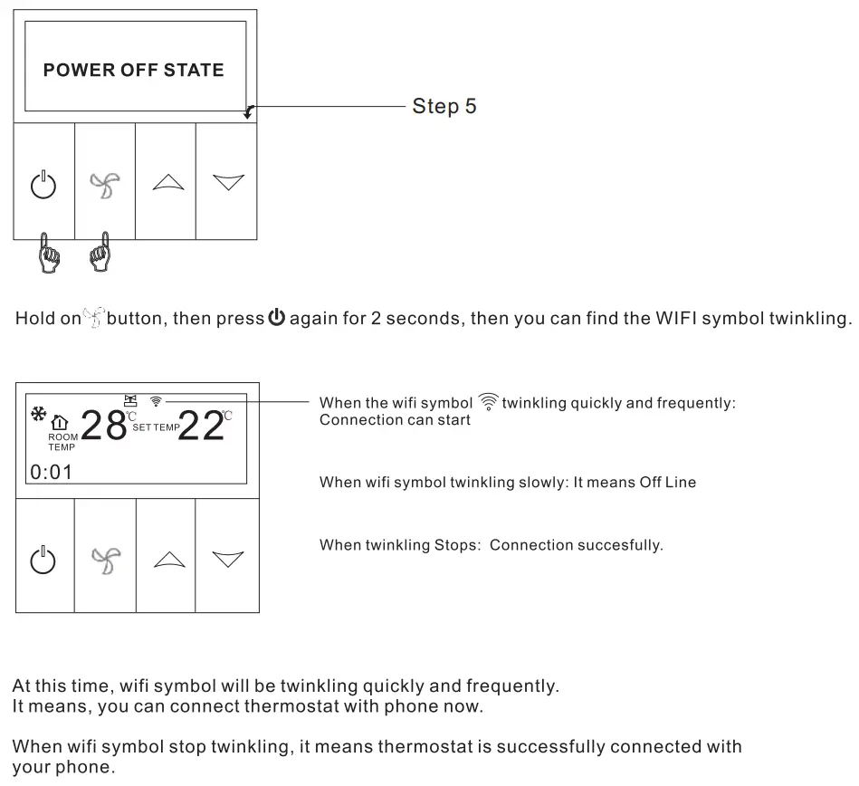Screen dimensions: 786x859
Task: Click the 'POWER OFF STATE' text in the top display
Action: click(133, 70)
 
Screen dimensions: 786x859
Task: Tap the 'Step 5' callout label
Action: click(444, 106)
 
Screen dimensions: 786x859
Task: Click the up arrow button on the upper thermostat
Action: click(167, 183)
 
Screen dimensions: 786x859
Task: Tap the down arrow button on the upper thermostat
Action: click(228, 183)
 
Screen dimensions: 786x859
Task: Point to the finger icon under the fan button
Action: click(100, 253)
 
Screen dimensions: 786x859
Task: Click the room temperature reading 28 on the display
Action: click(103, 426)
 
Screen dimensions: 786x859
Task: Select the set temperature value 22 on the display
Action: click(201, 426)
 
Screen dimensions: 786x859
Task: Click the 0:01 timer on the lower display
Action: click(51, 471)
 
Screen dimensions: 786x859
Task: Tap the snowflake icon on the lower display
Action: click(39, 415)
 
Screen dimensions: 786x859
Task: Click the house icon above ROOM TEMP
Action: click(60, 422)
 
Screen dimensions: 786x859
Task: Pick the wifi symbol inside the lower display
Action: click(157, 400)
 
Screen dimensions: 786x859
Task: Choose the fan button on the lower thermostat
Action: click(104, 560)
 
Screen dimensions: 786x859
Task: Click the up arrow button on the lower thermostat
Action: click(167, 560)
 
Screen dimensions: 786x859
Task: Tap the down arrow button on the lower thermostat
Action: click(228, 560)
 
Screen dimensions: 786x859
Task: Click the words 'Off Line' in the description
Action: click(667, 483)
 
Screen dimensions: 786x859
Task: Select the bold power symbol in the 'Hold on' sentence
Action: click(276, 319)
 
